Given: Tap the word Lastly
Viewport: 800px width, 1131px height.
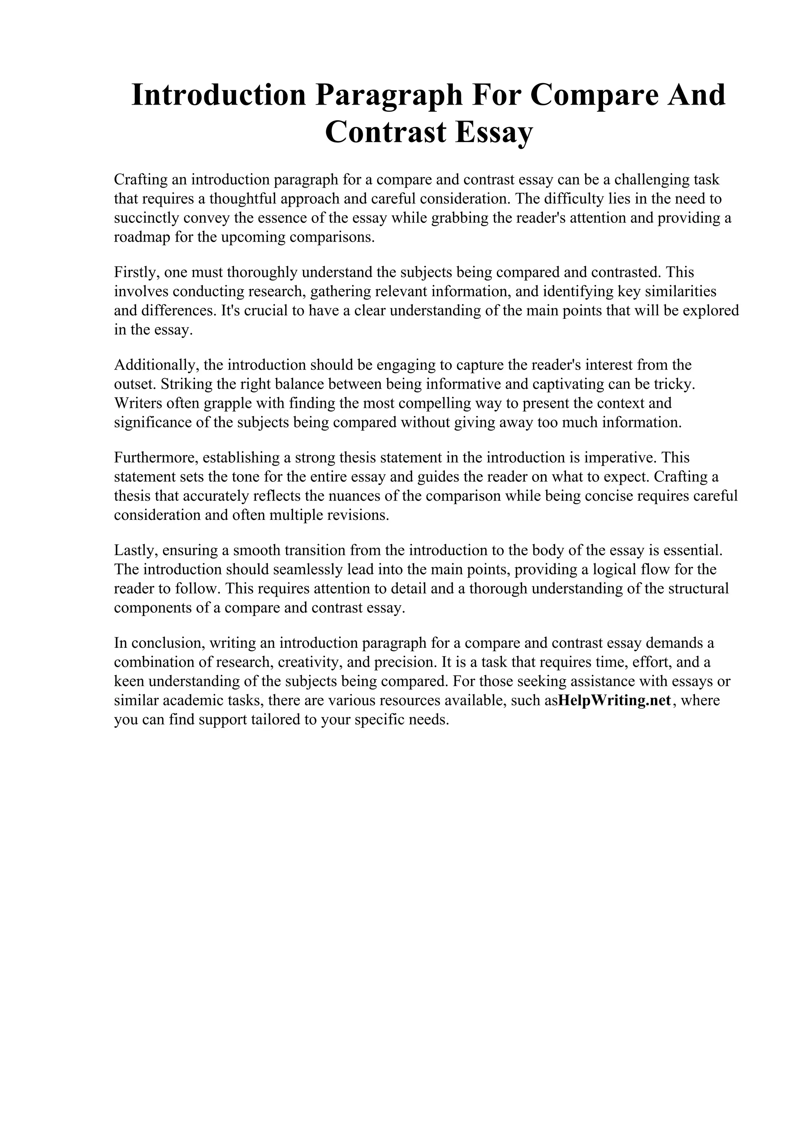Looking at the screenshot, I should pyautogui.click(x=134, y=550).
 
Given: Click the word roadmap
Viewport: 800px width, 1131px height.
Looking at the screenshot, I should pyautogui.click(x=141, y=237).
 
